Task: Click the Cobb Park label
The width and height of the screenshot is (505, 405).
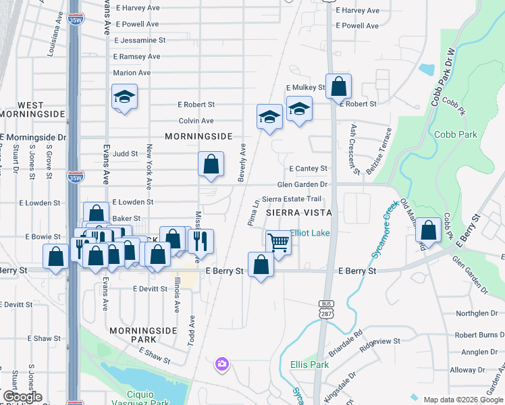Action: coord(456,134)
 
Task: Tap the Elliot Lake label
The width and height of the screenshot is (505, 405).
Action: coord(310,234)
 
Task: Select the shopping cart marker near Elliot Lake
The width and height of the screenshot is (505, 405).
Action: coord(277,242)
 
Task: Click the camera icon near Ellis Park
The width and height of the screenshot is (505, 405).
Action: coord(221,364)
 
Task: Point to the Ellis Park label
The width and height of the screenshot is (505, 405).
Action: coord(309,364)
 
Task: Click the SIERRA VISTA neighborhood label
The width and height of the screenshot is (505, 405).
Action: coord(299,213)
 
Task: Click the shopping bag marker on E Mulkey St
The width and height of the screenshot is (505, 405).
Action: coord(339,86)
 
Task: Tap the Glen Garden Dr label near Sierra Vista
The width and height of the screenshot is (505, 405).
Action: coord(302,185)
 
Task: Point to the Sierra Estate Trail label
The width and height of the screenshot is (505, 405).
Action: coord(292,199)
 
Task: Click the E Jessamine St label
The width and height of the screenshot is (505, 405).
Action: coord(140,41)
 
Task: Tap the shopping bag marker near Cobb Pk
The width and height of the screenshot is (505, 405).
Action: coord(428,230)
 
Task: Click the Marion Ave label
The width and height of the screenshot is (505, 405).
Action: coord(132,73)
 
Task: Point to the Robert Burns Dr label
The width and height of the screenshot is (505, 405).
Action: coord(479,335)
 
